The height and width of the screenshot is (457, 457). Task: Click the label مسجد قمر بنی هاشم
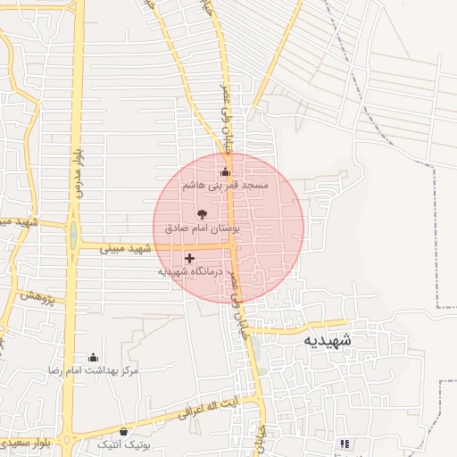point(225,185)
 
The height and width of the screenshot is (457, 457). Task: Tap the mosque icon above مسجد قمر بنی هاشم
point(225,171)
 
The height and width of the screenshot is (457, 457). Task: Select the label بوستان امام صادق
point(202,228)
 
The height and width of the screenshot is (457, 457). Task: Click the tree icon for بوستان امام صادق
point(202,214)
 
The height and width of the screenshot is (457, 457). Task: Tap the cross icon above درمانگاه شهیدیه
point(189,258)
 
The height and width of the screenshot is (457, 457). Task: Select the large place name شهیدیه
point(327,340)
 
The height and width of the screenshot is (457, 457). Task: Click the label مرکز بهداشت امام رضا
point(93,370)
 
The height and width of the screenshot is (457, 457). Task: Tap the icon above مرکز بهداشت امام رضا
point(93,357)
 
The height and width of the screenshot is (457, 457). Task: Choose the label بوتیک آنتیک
point(123,444)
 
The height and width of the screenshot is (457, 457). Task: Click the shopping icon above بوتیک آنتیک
point(123,432)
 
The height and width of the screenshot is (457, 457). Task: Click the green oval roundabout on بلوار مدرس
point(71,237)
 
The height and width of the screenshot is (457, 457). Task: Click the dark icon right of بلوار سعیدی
point(344,444)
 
